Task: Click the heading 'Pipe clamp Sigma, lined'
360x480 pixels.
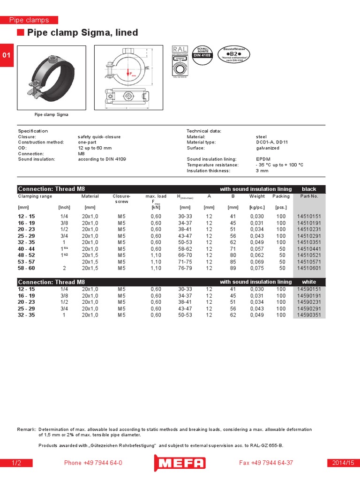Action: click(x=82, y=33)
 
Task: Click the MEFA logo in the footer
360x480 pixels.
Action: click(x=180, y=463)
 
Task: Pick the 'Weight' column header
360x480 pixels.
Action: click(x=257, y=196)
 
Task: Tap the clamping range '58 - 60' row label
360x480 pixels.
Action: click(x=26, y=269)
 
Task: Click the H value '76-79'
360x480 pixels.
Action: click(x=185, y=269)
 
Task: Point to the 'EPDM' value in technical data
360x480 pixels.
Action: click(x=263, y=159)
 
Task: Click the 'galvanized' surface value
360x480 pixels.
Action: click(x=267, y=148)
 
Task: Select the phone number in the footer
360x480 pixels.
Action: click(x=93, y=463)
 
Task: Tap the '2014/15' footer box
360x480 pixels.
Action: click(x=343, y=463)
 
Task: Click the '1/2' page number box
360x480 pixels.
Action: click(x=16, y=463)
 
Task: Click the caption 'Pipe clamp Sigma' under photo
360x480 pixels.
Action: click(x=52, y=114)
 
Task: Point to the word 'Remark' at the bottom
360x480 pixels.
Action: click(x=26, y=429)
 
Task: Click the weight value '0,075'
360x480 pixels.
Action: click(x=257, y=269)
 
